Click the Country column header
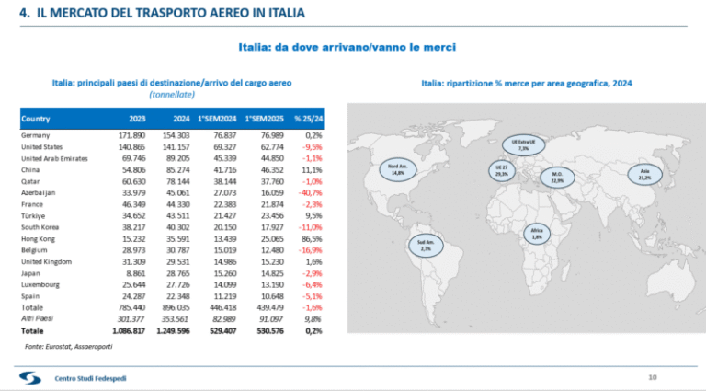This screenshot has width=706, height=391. (36, 119)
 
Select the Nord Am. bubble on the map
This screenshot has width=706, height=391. (398, 169)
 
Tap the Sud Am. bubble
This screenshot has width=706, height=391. (425, 245)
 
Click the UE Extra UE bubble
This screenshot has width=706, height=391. (524, 144)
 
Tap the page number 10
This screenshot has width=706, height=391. (652, 375)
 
